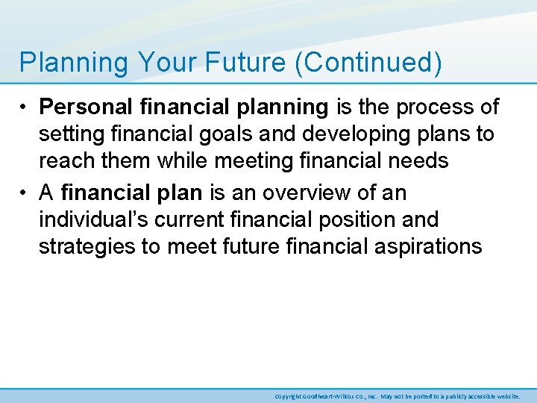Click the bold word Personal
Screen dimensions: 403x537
(x=87, y=107)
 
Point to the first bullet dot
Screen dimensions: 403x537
(x=25, y=107)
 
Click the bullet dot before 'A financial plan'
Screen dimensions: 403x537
(x=25, y=193)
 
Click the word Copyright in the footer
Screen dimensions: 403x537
(x=288, y=396)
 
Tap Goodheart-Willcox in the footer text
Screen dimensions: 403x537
(x=331, y=396)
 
